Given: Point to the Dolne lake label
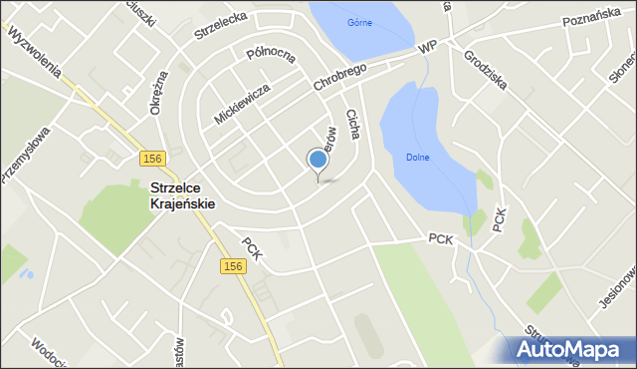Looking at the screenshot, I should coord(418,157).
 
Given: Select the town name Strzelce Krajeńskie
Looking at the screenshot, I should coord(182,193).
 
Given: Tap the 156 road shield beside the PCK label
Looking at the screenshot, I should coord(233,265).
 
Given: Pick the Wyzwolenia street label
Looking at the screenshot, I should coord(35,54).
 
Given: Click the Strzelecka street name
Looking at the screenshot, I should coord(220,23).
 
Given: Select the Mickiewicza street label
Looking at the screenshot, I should coord(242,104).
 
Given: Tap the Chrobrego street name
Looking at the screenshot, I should coord(339,76).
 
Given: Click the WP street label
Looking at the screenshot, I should coord(428,47).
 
